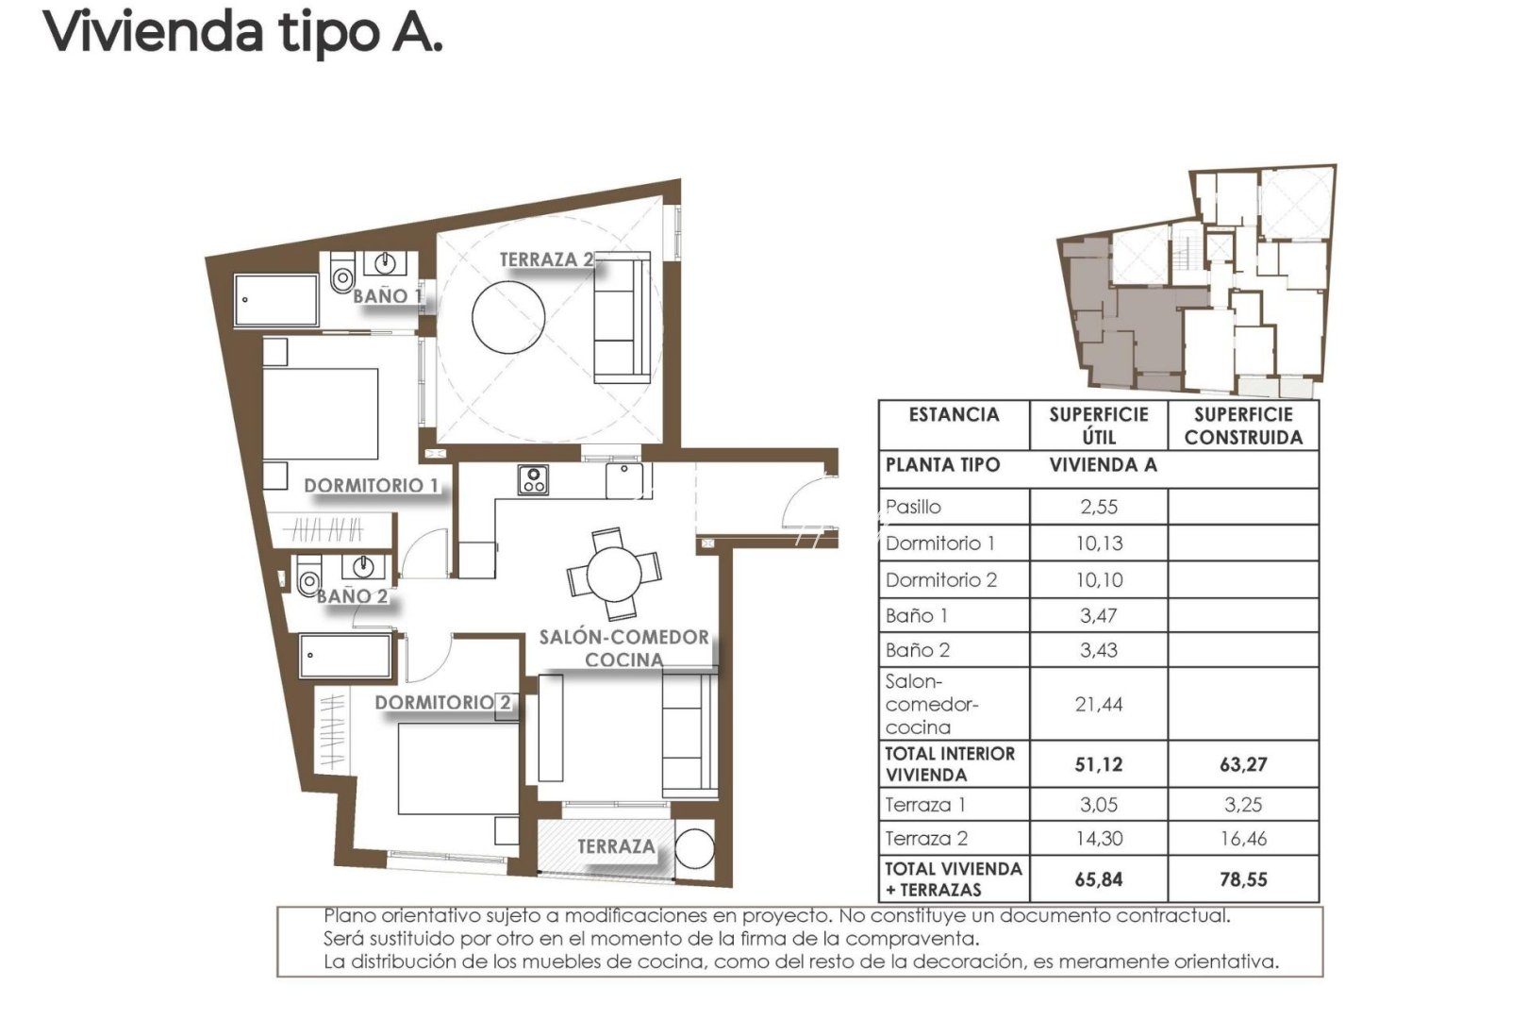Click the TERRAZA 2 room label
click(x=546, y=259)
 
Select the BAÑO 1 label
click(x=387, y=296)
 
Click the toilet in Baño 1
click(x=342, y=276)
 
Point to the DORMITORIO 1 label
click(x=371, y=486)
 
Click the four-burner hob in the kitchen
click(x=533, y=480)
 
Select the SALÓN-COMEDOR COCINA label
click(x=623, y=648)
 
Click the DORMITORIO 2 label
click(x=442, y=703)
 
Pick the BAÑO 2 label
click(x=352, y=596)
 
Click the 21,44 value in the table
click(x=1099, y=705)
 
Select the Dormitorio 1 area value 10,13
click(x=1099, y=543)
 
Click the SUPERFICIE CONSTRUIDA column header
click(x=1243, y=426)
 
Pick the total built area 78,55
click(x=1243, y=879)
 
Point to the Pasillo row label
click(x=913, y=507)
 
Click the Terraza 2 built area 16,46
click(x=1243, y=839)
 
